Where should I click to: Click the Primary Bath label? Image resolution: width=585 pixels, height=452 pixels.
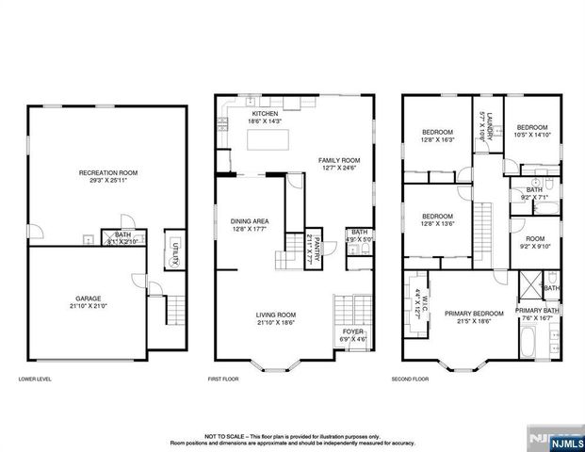pos(538,314)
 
